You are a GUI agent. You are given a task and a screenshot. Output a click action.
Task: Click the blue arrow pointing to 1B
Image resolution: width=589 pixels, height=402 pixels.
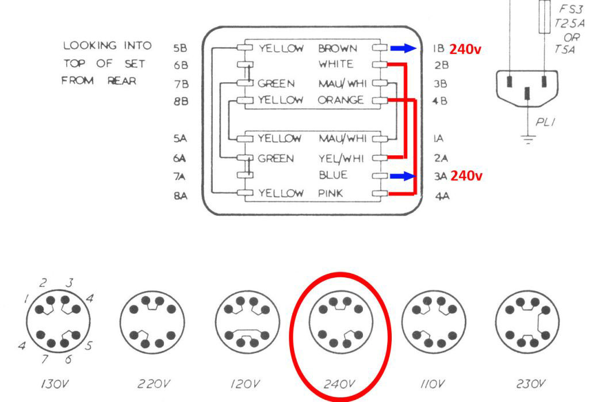[406, 49]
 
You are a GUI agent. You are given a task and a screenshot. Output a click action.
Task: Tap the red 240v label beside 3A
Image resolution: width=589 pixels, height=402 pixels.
[466, 176]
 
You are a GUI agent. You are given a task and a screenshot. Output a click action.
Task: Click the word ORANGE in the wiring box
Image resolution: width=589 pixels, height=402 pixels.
[341, 101]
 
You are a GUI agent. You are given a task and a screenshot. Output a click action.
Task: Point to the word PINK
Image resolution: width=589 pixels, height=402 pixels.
[331, 194]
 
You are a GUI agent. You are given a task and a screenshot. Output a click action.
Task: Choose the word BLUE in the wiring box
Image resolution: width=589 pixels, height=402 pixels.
[332, 175]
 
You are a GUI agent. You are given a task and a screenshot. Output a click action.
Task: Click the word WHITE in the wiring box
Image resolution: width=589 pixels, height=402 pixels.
[336, 64]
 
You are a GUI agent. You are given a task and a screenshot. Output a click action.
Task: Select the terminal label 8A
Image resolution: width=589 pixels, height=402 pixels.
[179, 197]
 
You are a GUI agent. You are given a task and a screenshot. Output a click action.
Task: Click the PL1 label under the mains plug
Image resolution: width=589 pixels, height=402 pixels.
[544, 122]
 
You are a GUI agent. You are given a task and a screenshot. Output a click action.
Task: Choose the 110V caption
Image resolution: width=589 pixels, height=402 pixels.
[432, 384]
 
